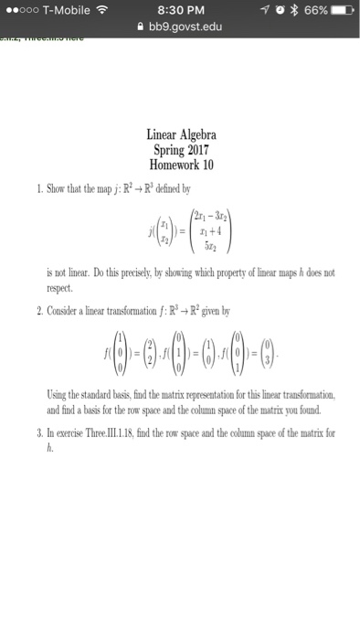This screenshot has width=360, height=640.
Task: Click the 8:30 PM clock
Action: pos(180,11)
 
